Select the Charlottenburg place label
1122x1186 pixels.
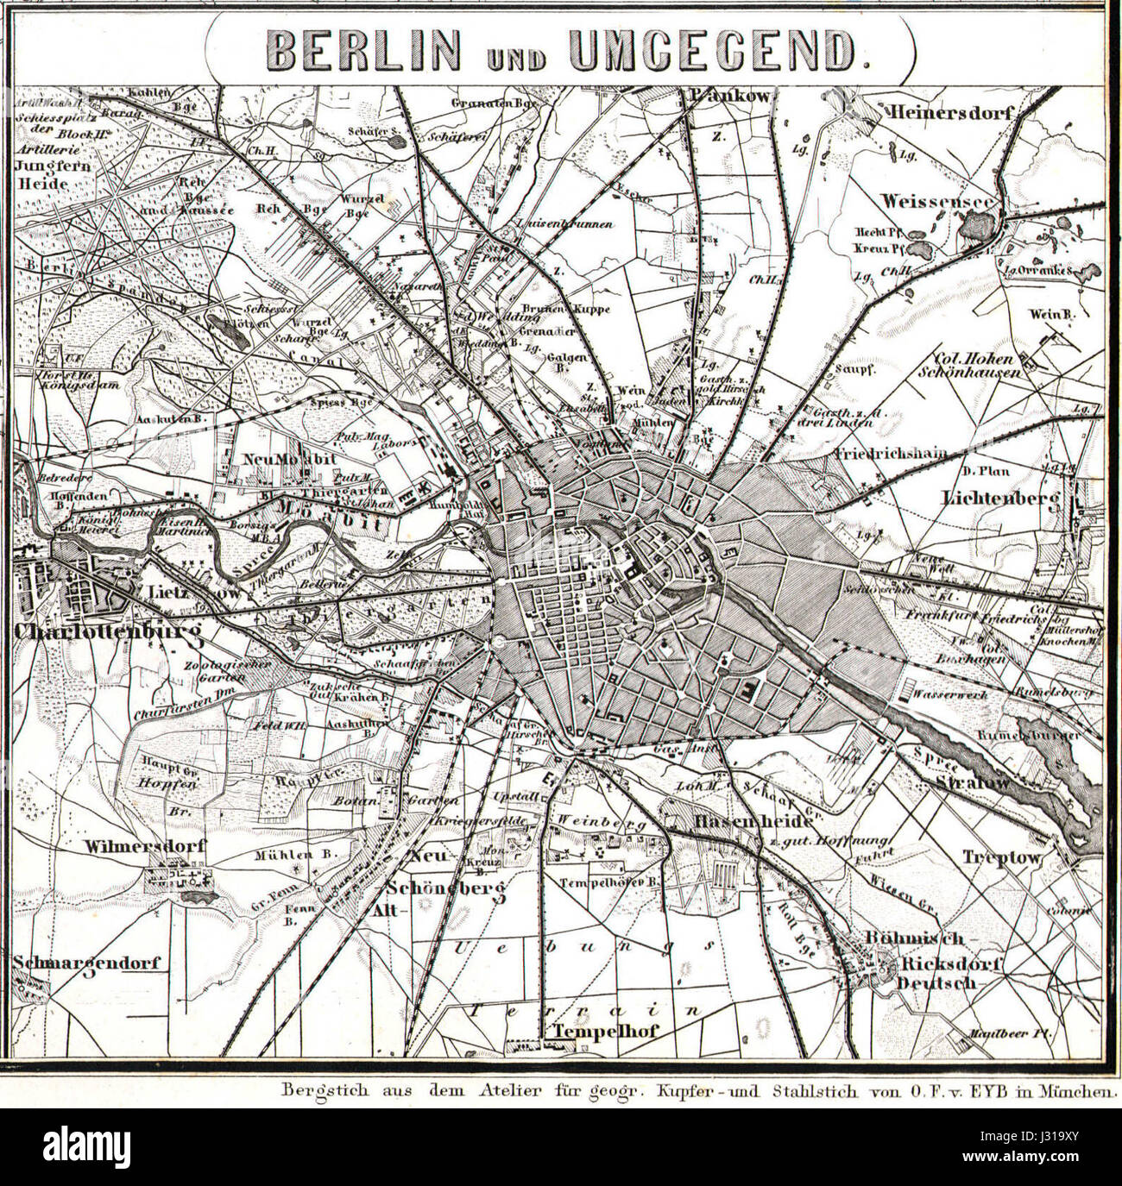[x=107, y=633]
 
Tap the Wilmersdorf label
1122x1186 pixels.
[x=144, y=846]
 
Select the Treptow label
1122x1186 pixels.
[x=1004, y=858]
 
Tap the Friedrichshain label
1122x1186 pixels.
[x=891, y=452]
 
